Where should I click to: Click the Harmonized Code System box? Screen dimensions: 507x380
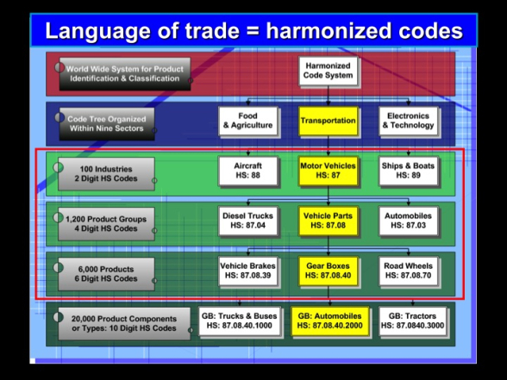(x=328, y=71)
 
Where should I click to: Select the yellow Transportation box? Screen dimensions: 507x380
(x=328, y=121)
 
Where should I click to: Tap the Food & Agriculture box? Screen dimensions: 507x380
(x=247, y=121)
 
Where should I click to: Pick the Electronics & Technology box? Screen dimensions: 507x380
(x=408, y=121)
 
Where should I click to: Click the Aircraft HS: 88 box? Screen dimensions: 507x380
(x=247, y=171)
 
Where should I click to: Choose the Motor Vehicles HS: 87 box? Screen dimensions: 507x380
(x=328, y=171)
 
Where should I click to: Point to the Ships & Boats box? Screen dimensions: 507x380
(x=408, y=171)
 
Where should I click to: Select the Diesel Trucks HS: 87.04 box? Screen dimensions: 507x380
(x=247, y=221)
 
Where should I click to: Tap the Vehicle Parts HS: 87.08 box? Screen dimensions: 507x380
(x=328, y=221)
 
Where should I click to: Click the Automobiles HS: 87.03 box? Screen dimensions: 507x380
(x=408, y=221)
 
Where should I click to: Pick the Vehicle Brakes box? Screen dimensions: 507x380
(x=247, y=271)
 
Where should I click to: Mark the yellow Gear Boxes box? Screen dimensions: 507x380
(x=328, y=271)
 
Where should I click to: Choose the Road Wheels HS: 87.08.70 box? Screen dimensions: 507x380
(x=408, y=271)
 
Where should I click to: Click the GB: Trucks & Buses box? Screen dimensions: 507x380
(x=240, y=321)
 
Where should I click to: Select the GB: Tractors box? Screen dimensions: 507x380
(x=412, y=321)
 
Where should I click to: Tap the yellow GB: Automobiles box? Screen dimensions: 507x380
(x=329, y=321)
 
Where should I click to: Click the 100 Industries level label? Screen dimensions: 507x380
(x=106, y=174)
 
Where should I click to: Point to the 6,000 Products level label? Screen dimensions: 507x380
(x=106, y=274)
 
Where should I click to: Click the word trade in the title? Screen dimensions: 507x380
(x=212, y=31)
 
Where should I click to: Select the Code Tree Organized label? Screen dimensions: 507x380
(x=107, y=124)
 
